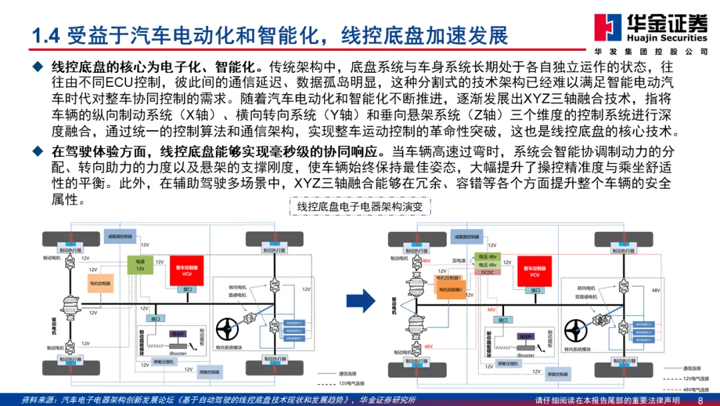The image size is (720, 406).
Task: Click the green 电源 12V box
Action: [141, 264]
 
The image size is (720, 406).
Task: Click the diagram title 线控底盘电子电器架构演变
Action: [360, 207]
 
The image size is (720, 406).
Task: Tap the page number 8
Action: [700, 400]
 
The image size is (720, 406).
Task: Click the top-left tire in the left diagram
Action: [71, 238]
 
